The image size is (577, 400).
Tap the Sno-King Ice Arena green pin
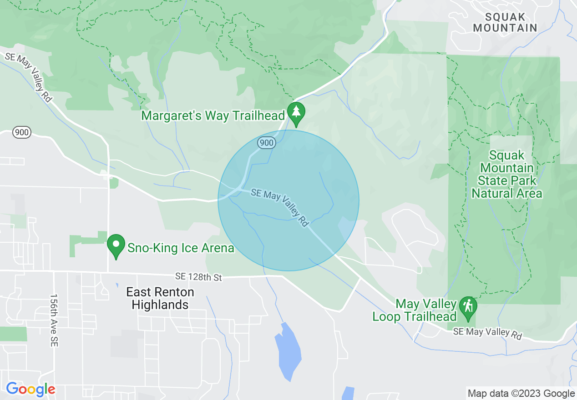tap(116, 245)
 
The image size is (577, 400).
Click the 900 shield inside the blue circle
tap(267, 143)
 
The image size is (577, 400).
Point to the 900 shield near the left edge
tap(21, 133)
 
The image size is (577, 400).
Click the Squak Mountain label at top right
tap(505, 22)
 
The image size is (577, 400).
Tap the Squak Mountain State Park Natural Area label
tap(507, 175)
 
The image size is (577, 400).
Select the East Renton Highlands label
tap(160, 298)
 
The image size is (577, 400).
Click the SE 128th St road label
tap(198, 277)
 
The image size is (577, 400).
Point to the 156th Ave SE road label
tap(54, 320)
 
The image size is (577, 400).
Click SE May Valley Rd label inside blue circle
tap(280, 208)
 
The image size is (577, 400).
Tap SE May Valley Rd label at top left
tap(28, 77)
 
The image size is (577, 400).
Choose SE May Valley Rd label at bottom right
tap(487, 333)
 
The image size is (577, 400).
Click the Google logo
tap(30, 390)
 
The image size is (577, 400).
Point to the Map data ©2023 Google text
tap(521, 394)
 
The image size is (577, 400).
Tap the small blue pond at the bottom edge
tap(348, 393)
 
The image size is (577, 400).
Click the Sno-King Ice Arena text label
tap(181, 248)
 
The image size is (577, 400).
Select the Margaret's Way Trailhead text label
tap(213, 115)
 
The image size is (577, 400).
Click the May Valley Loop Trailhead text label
tap(414, 310)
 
